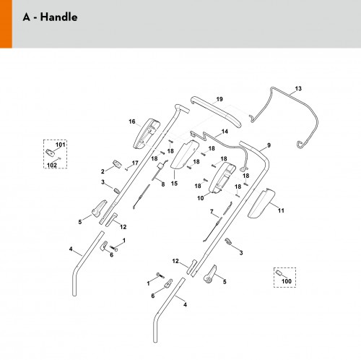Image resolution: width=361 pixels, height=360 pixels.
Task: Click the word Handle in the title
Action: [x=58, y=17]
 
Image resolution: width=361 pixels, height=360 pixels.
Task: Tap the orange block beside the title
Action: [x=6, y=24]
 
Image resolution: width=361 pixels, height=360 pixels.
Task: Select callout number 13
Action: [x=298, y=89]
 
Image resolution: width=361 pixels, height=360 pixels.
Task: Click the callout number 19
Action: [x=219, y=99]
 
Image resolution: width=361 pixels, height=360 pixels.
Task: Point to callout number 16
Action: [x=132, y=121]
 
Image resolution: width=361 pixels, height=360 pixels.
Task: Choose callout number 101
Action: [x=61, y=145]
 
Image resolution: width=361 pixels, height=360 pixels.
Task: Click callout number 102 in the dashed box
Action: [x=52, y=165]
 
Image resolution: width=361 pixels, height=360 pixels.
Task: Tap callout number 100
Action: [x=287, y=281]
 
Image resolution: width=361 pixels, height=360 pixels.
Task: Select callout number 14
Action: [x=225, y=132]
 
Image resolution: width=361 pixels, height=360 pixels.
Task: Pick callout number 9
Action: [x=269, y=145]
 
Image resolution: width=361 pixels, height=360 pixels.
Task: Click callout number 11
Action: [x=281, y=210]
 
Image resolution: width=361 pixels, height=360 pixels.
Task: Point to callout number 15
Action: [x=174, y=184]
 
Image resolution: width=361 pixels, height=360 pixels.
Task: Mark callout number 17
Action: [x=135, y=163]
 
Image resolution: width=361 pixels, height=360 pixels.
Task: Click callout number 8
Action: [x=163, y=184]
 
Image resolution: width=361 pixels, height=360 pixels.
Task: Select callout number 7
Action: [x=212, y=212]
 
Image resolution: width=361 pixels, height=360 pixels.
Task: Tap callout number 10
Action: [x=201, y=198]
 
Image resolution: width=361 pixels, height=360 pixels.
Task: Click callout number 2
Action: [x=103, y=171]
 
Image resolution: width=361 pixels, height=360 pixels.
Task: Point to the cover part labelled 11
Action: [x=261, y=203]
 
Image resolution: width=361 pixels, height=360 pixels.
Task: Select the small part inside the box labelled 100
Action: [x=279, y=273]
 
